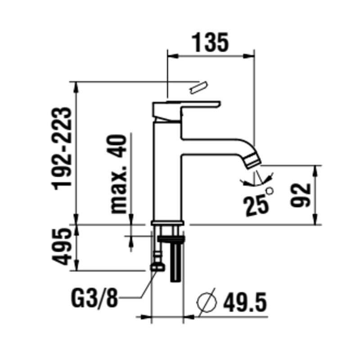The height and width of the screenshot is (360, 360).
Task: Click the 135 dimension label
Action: click(x=210, y=43)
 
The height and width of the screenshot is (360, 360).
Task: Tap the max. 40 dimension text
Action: click(x=119, y=174)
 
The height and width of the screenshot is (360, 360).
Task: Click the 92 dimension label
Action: click(x=300, y=195)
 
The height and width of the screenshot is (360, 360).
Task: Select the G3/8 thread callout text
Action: click(x=95, y=298)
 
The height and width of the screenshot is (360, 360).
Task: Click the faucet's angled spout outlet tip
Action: click(x=252, y=162)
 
